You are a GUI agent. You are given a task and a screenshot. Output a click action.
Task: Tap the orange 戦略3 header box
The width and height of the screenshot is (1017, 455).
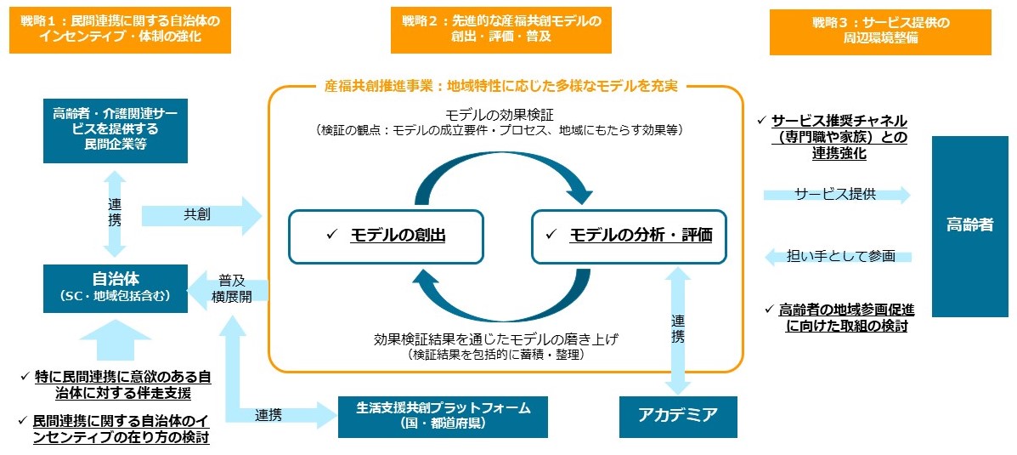point(879,31)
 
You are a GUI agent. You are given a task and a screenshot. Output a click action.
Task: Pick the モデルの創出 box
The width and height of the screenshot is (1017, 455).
point(386,235)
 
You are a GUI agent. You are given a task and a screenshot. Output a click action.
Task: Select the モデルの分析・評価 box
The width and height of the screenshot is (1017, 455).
point(629,235)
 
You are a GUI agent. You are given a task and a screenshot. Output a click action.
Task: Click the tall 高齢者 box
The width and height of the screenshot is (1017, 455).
point(969,225)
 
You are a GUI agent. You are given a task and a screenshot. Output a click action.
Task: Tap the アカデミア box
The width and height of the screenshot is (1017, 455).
point(678,415)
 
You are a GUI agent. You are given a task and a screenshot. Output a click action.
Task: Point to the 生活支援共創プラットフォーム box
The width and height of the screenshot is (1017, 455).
point(443,415)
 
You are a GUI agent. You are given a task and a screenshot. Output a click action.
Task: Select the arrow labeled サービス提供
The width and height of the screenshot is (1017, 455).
point(837,195)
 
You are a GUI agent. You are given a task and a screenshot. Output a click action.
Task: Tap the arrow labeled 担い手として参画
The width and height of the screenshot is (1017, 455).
point(838,255)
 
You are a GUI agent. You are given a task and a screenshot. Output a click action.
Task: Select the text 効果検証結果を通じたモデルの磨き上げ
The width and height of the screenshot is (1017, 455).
point(496,338)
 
